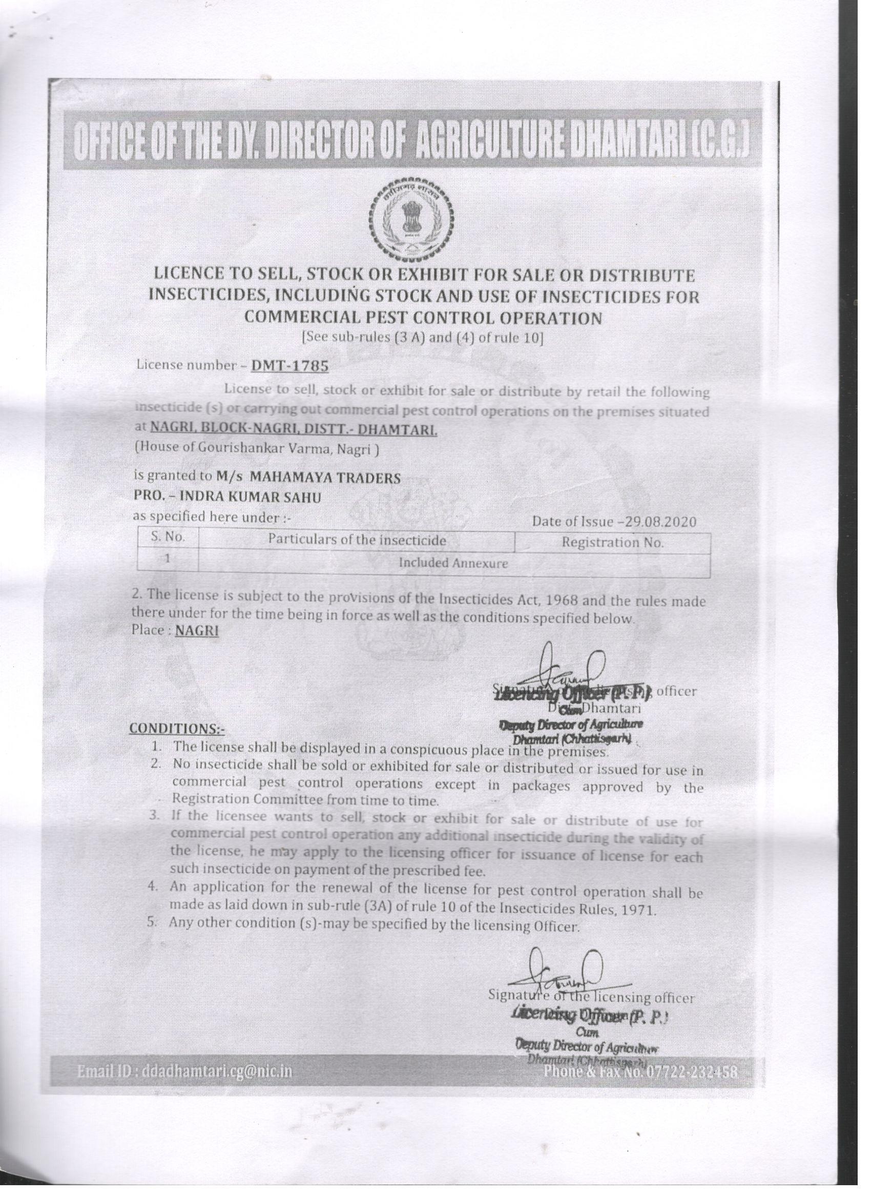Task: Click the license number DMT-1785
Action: click(x=289, y=365)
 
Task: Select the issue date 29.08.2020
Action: click(x=660, y=522)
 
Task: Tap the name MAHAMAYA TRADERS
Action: click(x=325, y=478)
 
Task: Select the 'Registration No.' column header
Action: click(x=612, y=543)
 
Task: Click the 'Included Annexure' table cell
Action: click(x=453, y=563)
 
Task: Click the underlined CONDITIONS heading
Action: click(x=177, y=729)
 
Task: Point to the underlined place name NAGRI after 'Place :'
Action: click(x=197, y=631)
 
